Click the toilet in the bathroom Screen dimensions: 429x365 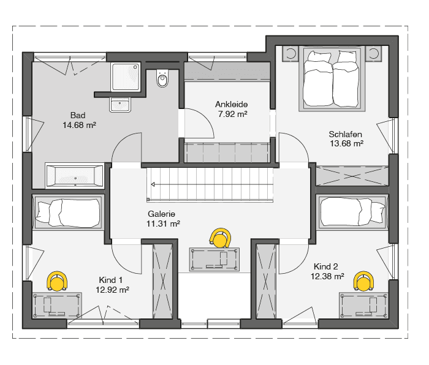tap(162, 79)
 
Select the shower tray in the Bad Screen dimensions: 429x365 tap(126, 77)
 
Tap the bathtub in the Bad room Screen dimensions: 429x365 tap(74, 176)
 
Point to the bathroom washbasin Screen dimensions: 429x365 tap(120, 105)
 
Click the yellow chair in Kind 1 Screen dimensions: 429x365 tap(57, 281)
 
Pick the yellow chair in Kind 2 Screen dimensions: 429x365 tap(363, 281)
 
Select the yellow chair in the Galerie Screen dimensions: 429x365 tap(219, 238)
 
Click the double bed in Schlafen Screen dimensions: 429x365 tap(332, 78)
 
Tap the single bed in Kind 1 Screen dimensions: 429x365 tap(68, 211)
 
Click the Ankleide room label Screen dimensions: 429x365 tap(232, 105)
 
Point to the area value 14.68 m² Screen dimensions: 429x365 tap(79, 125)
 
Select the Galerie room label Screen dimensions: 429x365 tap(161, 214)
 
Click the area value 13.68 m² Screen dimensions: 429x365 tap(346, 143)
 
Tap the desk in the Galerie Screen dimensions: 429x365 tap(214, 260)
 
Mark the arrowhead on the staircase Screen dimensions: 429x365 tap(153, 184)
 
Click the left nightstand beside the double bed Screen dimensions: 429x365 tap(290, 53)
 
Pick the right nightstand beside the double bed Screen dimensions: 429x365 tap(373, 53)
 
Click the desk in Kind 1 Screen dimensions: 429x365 tap(57, 306)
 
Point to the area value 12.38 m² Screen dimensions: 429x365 tap(327, 276)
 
